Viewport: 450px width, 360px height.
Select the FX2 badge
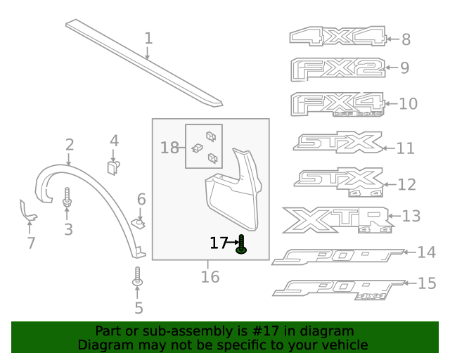(x=337, y=68)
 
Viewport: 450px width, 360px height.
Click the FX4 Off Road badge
(x=337, y=104)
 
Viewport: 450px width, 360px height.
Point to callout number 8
(x=406, y=40)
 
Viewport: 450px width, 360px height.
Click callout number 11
(x=406, y=148)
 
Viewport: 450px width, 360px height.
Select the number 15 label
(x=427, y=283)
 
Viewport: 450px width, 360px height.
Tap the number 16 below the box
(x=210, y=277)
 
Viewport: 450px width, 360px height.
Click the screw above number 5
(x=138, y=276)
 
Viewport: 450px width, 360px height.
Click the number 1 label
(x=148, y=37)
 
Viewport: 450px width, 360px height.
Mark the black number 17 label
(x=219, y=243)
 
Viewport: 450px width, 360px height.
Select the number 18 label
(x=169, y=148)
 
